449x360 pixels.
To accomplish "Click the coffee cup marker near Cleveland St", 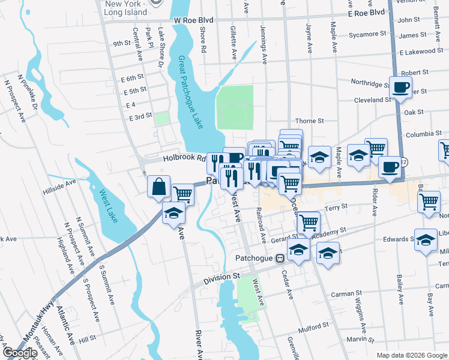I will pos(400,88).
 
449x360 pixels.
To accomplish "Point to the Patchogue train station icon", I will pos(279,259).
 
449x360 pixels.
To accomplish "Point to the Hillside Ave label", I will pos(60,187).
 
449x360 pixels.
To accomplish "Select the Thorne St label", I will pos(310,121).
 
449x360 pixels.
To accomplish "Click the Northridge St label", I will pos(370,84).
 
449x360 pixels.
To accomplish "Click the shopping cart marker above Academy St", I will pos(309,222).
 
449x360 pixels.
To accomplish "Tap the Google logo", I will pos(20,353).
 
